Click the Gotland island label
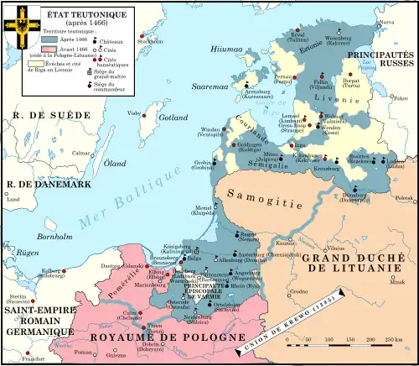pyautogui.click(x=173, y=117)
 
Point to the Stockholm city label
pyautogui.click(x=151, y=40)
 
